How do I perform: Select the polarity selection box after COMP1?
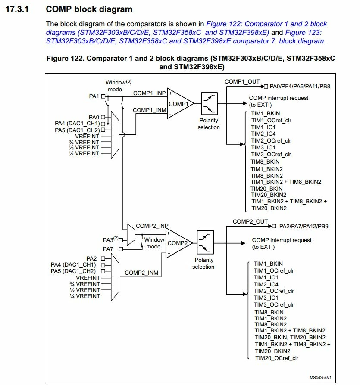[209, 103]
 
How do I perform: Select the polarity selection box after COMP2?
[205, 242]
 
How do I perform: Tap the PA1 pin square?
[103, 96]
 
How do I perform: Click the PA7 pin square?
[121, 249]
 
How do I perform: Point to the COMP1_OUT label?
[242, 81]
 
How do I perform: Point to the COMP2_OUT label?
[250, 221]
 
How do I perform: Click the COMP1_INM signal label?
[150, 110]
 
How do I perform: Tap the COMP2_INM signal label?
[141, 273]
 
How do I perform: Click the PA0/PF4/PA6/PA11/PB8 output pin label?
[300, 87]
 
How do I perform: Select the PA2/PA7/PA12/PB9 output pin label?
[304, 226]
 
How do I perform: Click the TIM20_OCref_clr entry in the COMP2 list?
[277, 358]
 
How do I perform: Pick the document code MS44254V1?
[320, 377]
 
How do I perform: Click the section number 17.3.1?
[17, 9]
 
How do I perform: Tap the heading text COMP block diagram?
[89, 9]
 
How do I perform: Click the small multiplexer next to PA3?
[131, 234]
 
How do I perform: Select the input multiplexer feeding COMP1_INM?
[115, 135]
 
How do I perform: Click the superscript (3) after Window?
[128, 81]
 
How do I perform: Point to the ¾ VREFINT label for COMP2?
[85, 284]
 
